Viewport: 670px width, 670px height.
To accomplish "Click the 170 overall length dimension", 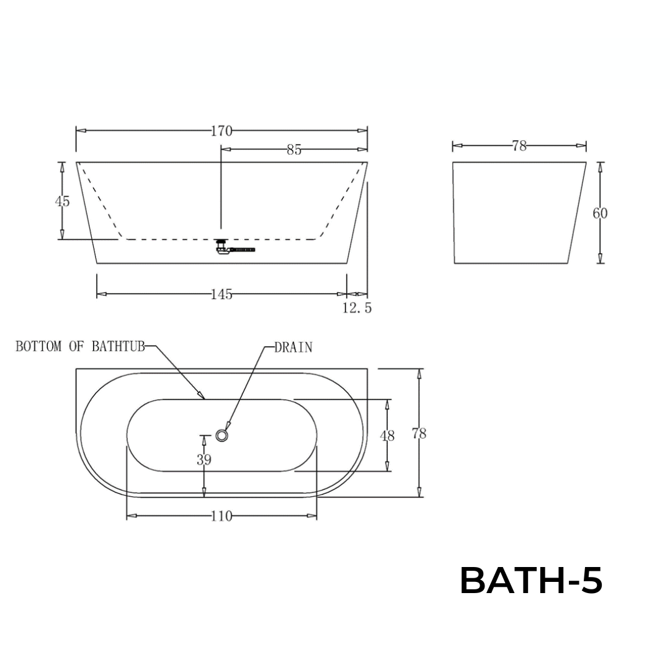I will pyautogui.click(x=221, y=131).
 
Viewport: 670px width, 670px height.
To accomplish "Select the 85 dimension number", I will pyautogui.click(x=294, y=150).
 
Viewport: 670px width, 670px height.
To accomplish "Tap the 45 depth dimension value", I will pyautogui.click(x=62, y=201).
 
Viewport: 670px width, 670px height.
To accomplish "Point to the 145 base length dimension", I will pyautogui.click(x=221, y=295).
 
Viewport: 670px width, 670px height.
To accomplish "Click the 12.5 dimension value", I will pyautogui.click(x=357, y=308).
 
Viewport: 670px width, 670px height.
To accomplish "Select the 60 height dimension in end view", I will pyautogui.click(x=600, y=213).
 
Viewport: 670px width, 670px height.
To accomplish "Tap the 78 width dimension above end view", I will pyautogui.click(x=519, y=146).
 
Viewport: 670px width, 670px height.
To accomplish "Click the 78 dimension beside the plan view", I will pyautogui.click(x=419, y=434).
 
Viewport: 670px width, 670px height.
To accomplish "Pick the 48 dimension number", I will pyautogui.click(x=387, y=435).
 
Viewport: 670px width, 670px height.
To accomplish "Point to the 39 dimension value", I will pyautogui.click(x=203, y=460).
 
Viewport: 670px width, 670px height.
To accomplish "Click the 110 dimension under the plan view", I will pyautogui.click(x=221, y=516).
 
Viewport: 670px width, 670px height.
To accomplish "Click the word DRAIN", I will pyautogui.click(x=293, y=347).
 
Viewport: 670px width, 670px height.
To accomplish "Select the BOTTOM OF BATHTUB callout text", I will pyautogui.click(x=80, y=346).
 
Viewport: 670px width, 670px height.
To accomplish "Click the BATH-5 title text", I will pyautogui.click(x=531, y=581).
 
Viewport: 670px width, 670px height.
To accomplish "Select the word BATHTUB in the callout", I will pyautogui.click(x=118, y=346).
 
